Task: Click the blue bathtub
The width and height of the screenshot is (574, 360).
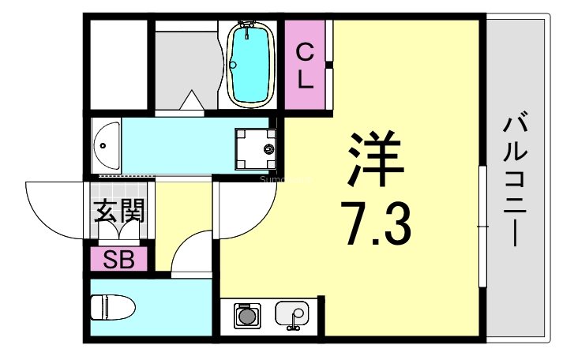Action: pyautogui.click(x=250, y=65)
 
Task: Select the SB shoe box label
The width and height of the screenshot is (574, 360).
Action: pyautogui.click(x=118, y=258)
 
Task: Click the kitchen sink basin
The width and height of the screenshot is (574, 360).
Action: pyautogui.click(x=292, y=315)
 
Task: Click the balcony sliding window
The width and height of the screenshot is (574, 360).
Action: pyautogui.click(x=481, y=226)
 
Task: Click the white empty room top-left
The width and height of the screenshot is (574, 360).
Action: pyautogui.click(x=119, y=63)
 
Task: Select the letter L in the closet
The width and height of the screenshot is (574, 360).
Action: pyautogui.click(x=305, y=78)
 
